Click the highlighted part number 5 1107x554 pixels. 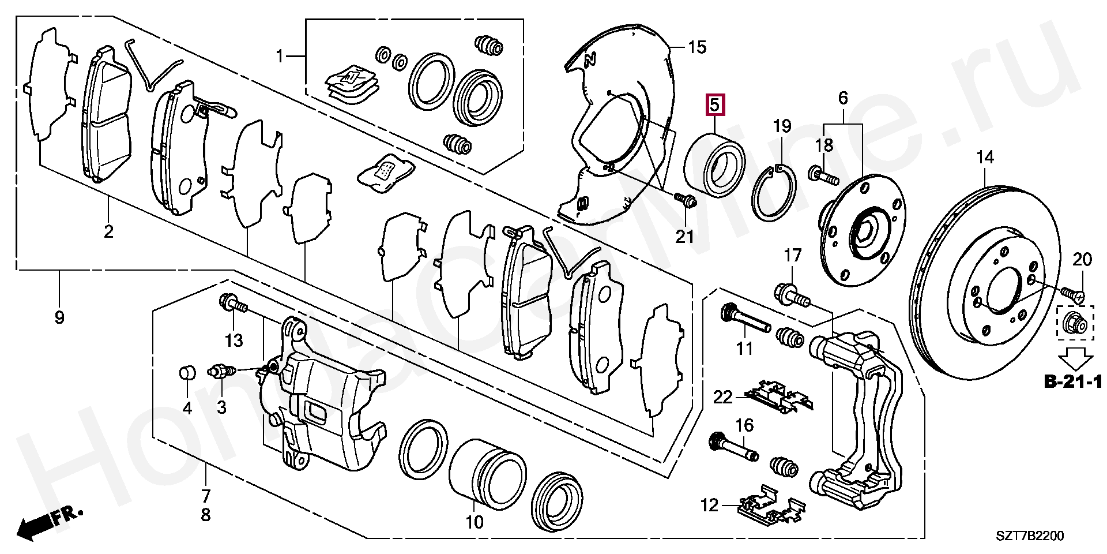pos(714,106)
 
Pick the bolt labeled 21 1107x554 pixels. pos(685,200)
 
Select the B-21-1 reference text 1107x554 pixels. pos(1073,381)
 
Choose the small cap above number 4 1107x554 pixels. pos(186,373)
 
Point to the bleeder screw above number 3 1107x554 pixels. pos(221,370)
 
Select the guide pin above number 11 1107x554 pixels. pos(745,320)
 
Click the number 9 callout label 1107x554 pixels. pos(59,317)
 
